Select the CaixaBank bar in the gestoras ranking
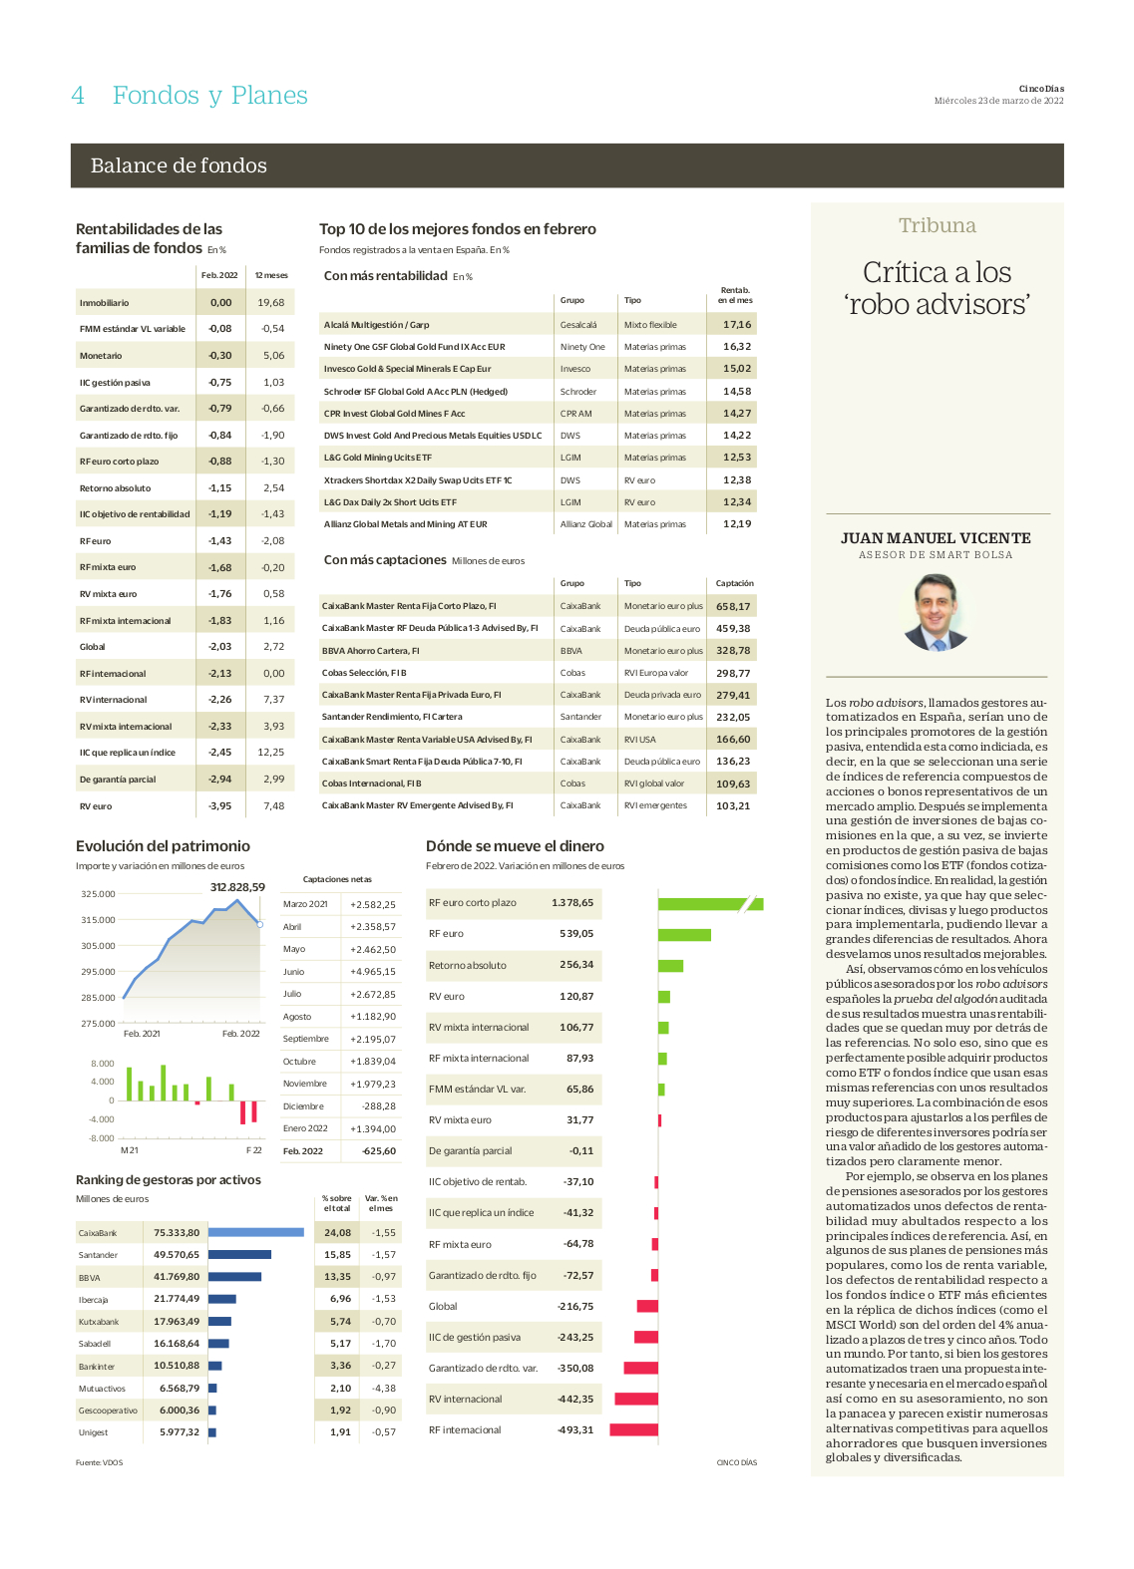click(x=255, y=1232)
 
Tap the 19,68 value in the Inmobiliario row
click(x=270, y=303)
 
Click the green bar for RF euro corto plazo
click(x=710, y=903)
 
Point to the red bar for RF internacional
click(x=633, y=1429)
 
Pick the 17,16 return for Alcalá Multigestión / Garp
click(x=737, y=324)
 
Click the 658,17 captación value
click(x=732, y=607)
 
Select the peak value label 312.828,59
click(x=237, y=887)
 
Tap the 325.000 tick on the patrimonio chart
click(x=98, y=894)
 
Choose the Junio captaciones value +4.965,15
click(x=373, y=972)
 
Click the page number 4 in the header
click(x=78, y=95)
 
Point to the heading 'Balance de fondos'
click(x=179, y=165)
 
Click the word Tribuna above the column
click(x=938, y=225)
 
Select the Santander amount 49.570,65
click(x=177, y=1254)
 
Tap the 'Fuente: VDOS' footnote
click(x=99, y=1462)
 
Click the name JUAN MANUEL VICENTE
click(x=936, y=538)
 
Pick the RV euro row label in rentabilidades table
click(x=96, y=806)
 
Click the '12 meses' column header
click(x=271, y=275)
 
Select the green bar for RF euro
click(x=684, y=935)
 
